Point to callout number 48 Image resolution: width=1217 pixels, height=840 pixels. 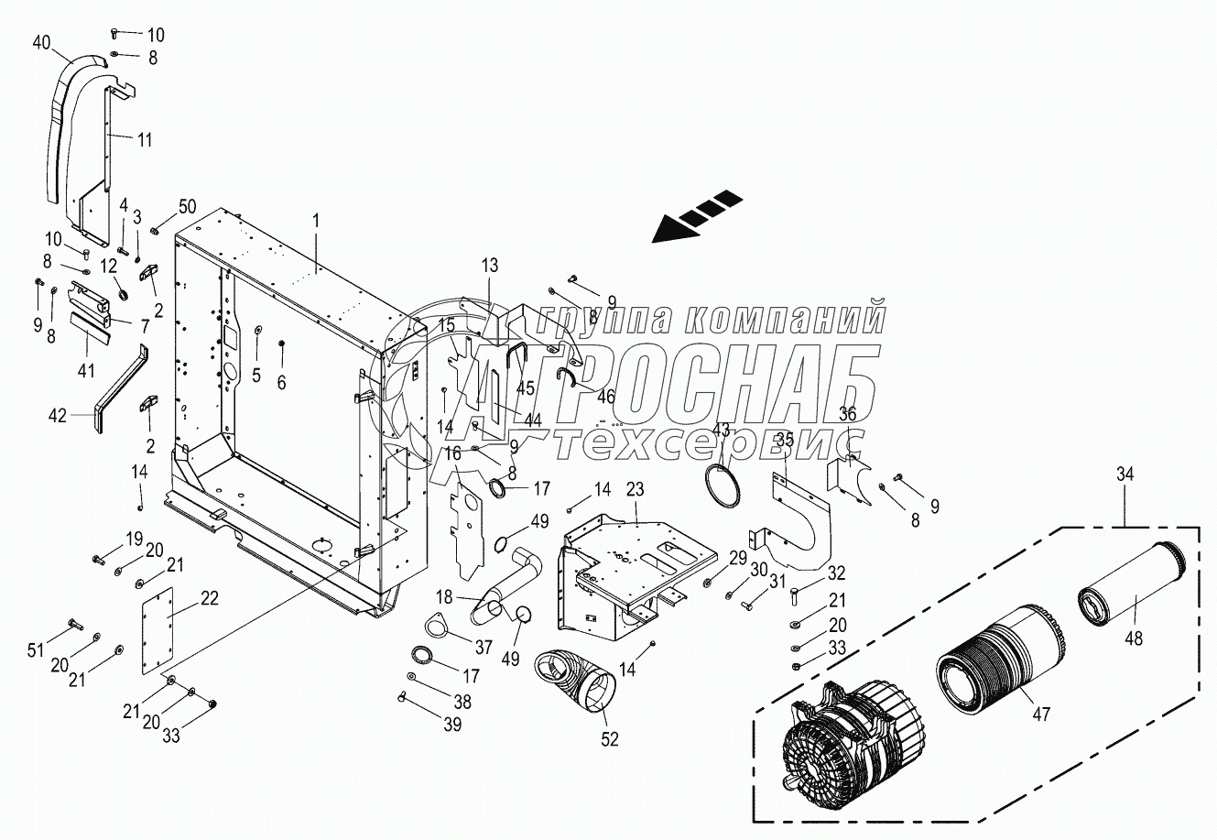click(x=1135, y=639)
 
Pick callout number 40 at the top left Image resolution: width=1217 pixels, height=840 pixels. click(x=42, y=42)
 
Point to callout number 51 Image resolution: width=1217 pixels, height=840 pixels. click(x=36, y=650)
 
